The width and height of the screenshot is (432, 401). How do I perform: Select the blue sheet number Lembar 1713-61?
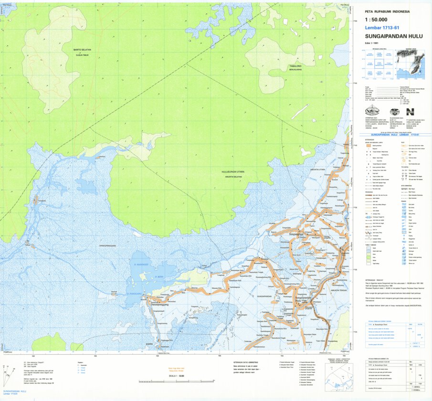pos(381,28)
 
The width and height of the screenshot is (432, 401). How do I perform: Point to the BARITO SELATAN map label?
pos(82,50)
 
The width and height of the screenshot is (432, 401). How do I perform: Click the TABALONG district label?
pos(296,66)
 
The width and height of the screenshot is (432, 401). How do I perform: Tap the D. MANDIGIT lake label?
pos(142,264)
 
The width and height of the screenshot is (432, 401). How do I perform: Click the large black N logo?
pos(410,112)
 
